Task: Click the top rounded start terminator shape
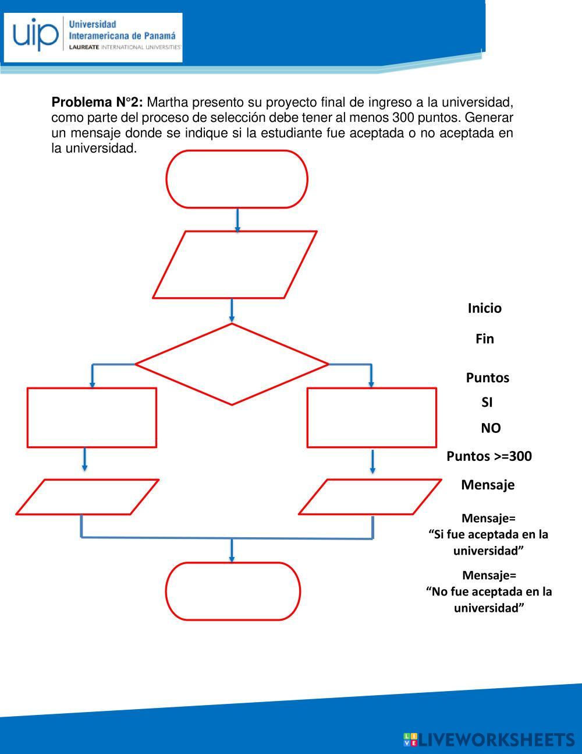point(237,179)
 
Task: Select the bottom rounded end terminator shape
point(233,591)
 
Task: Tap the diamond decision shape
point(232,364)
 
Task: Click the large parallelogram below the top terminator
point(235,265)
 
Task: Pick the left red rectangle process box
point(92,417)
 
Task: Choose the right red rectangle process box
point(371,417)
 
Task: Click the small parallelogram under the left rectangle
point(87,497)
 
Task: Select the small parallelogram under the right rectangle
point(370,497)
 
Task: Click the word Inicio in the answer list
point(484,308)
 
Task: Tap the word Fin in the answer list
point(484,339)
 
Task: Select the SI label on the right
point(487,402)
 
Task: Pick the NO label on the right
point(490,428)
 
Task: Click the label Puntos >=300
point(489,456)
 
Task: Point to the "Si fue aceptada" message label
point(488,534)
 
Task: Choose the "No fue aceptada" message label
point(489,591)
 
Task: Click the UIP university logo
point(93,37)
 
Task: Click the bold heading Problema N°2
point(97,103)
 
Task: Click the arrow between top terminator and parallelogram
point(237,220)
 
